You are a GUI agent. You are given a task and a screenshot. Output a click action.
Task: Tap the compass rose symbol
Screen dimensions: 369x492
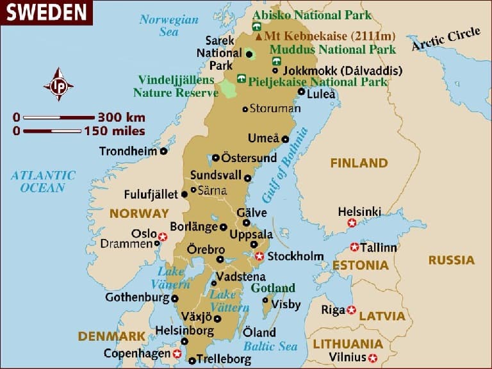pyautogui.click(x=58, y=85)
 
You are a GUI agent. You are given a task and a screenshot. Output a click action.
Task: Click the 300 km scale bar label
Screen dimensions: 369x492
pyautogui.click(x=121, y=117)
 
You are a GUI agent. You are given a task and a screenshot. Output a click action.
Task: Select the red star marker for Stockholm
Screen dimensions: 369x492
pyautogui.click(x=259, y=256)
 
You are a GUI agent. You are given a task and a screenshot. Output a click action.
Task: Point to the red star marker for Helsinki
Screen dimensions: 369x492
pyautogui.click(x=352, y=223)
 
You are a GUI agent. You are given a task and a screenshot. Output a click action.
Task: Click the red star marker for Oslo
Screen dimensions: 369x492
pyautogui.click(x=163, y=236)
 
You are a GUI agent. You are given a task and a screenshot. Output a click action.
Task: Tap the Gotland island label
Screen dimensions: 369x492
pyautogui.click(x=273, y=288)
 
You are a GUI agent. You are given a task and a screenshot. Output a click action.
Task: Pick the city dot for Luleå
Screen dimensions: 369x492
pyautogui.click(x=302, y=92)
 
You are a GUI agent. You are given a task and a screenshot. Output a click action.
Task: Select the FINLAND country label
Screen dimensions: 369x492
pyautogui.click(x=359, y=163)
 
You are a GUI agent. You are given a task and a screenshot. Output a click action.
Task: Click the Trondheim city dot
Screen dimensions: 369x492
pyautogui.click(x=164, y=151)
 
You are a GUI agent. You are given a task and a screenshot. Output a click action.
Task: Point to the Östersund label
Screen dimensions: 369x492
pyautogui.click(x=249, y=158)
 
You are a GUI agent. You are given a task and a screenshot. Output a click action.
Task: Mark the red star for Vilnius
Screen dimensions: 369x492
pyautogui.click(x=373, y=357)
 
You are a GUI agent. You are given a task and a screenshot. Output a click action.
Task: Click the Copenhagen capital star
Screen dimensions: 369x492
pyautogui.click(x=177, y=354)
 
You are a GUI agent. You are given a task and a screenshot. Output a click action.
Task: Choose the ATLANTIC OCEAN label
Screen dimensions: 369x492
pyautogui.click(x=43, y=181)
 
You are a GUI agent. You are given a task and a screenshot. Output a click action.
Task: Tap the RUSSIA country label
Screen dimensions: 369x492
pyautogui.click(x=452, y=260)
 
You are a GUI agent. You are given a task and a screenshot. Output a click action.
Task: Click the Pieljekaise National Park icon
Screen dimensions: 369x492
pyautogui.click(x=241, y=79)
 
